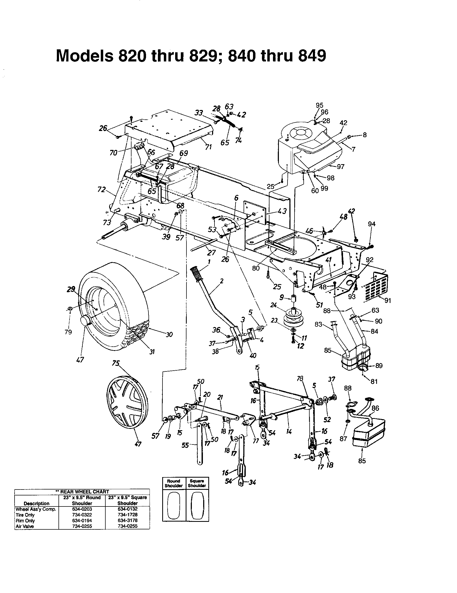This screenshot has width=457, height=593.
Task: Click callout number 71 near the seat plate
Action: [x=208, y=147]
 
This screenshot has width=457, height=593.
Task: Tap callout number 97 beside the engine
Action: [x=340, y=166]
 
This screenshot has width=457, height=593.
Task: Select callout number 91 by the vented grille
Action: [x=388, y=301]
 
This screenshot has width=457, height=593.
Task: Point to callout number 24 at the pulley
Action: [x=273, y=305]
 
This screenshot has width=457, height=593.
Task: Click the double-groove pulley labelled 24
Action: [x=294, y=318]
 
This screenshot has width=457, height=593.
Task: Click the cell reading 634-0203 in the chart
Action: [x=82, y=509]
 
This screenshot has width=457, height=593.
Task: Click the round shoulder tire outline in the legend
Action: [x=174, y=505]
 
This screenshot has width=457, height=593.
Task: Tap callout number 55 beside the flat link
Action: [x=185, y=445]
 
